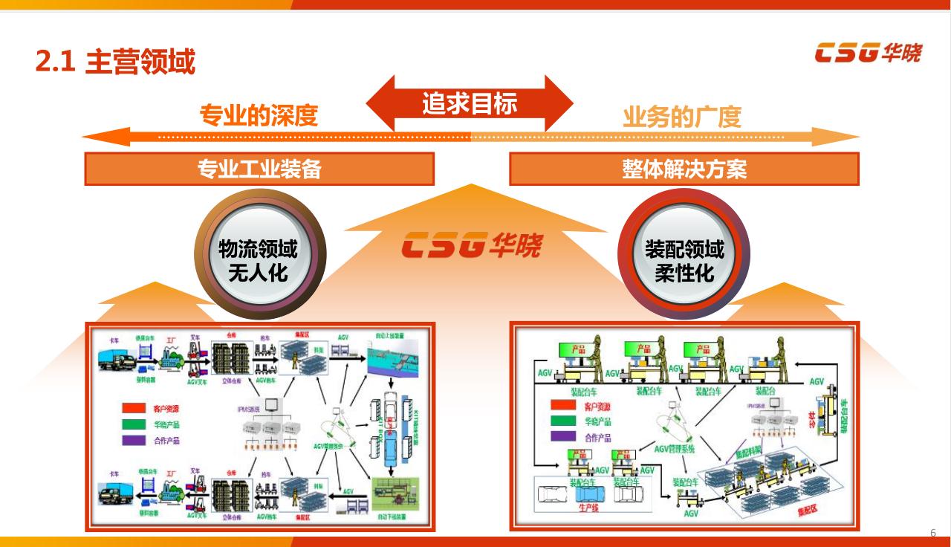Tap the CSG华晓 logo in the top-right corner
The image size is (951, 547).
[868, 54]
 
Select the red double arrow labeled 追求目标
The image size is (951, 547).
[470, 103]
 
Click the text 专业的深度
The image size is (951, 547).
[258, 116]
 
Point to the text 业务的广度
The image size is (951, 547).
[682, 117]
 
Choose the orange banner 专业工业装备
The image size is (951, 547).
[259, 169]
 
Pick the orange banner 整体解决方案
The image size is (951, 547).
[684, 169]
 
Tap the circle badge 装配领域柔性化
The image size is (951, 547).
[684, 261]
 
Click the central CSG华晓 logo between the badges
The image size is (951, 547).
[472, 245]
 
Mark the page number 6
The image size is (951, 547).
[933, 532]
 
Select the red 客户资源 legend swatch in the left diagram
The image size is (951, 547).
[135, 408]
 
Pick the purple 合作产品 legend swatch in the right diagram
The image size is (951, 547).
[563, 437]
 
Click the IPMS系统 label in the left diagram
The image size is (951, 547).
[249, 410]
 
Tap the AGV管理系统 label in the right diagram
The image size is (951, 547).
[674, 448]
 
